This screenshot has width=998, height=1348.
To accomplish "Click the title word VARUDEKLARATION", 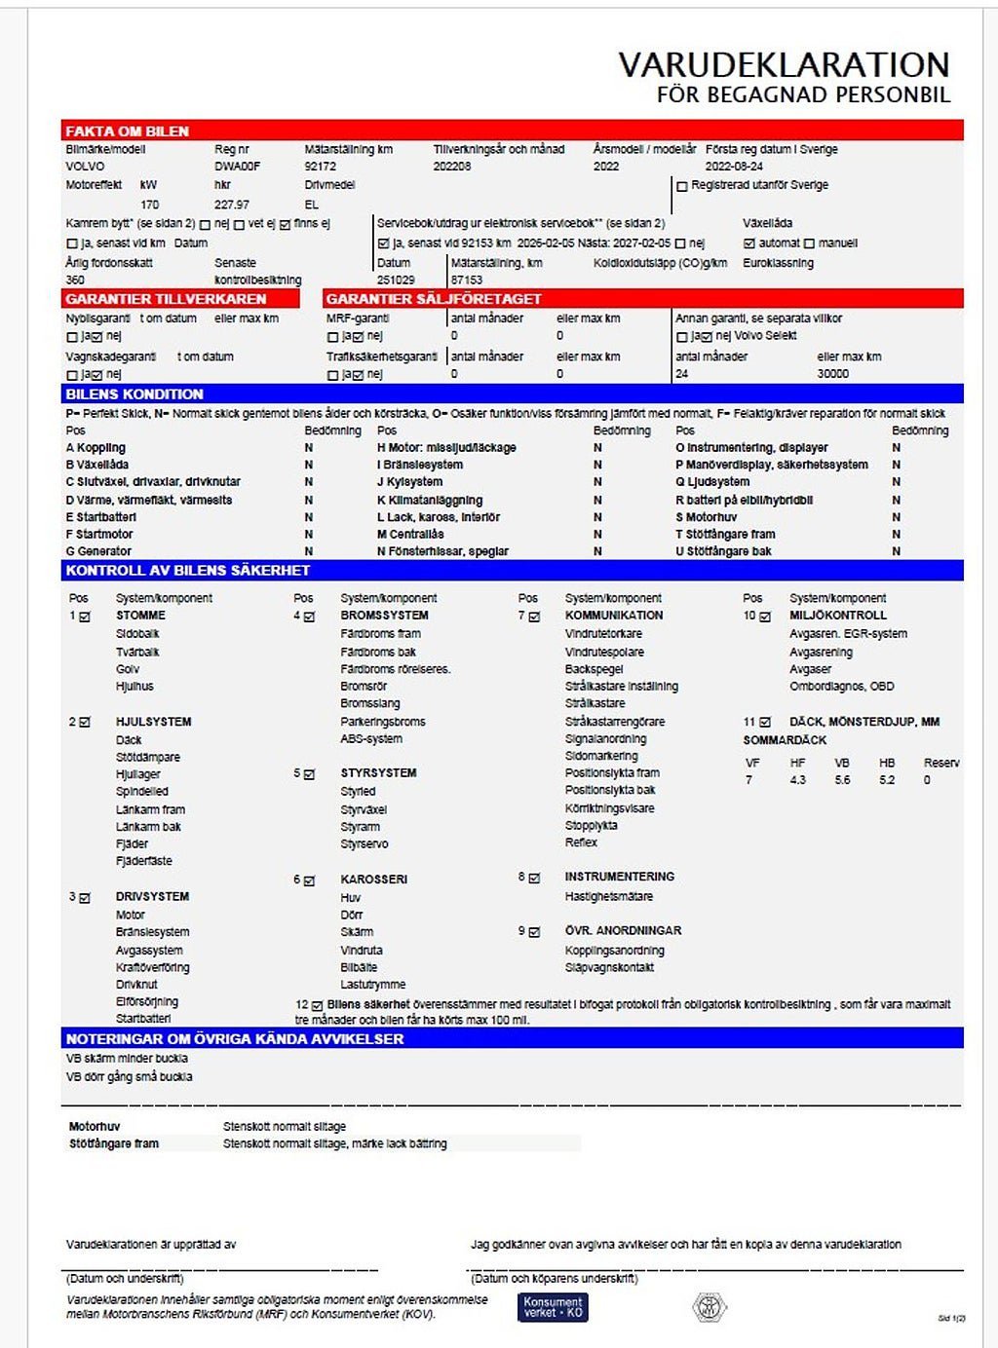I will (784, 64).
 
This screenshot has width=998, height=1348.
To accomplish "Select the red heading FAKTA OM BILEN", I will (127, 131).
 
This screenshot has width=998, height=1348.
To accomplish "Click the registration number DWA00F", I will (238, 167).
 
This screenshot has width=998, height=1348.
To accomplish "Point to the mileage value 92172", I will (320, 167).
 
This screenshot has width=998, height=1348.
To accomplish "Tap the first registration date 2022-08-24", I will (734, 167).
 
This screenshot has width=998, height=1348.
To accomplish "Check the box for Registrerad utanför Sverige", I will (682, 186).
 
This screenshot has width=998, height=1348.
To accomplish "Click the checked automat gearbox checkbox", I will (748, 243).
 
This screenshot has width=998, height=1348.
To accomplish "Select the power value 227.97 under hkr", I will (232, 205).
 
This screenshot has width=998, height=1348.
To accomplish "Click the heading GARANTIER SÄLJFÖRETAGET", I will (433, 299).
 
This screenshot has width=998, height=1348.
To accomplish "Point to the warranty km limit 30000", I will (832, 374).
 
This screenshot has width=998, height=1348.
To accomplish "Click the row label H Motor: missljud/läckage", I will (446, 448).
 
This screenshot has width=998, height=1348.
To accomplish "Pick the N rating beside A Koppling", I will (309, 448).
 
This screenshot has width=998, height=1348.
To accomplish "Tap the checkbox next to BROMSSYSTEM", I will (309, 617).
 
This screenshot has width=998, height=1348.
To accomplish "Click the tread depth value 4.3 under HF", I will (797, 780).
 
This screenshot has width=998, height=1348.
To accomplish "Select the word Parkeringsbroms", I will (383, 722).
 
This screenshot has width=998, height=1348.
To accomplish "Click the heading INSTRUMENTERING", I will (619, 877).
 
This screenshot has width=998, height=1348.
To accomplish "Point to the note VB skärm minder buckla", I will (127, 1059).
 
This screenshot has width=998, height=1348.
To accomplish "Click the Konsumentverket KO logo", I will (553, 1307).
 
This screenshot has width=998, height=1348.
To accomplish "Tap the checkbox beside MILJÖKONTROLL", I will (765, 617).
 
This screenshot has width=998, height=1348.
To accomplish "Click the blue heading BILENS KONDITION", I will (134, 394).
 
